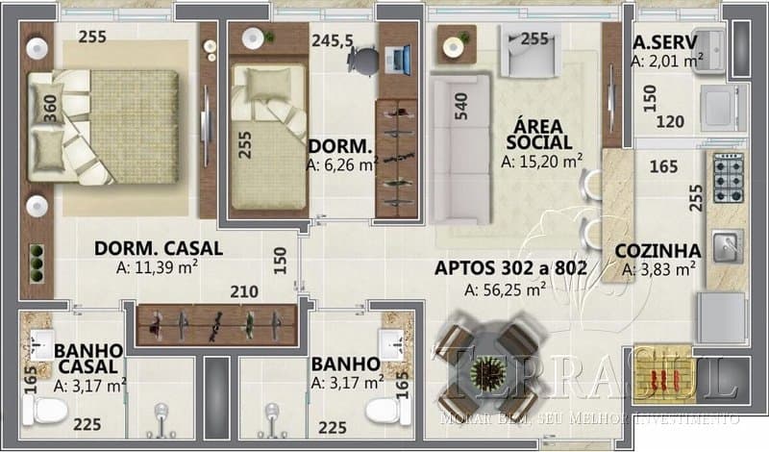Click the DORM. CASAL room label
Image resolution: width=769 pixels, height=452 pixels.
click(159, 248)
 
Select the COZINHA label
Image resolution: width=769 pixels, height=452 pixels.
click(657, 251)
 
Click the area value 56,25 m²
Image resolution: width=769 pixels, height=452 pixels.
click(505, 288)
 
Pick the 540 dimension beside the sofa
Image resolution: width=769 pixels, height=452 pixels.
click(461, 105)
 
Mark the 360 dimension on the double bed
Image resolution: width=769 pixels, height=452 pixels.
click(49, 108)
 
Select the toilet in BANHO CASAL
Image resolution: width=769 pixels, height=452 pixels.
click(42, 412)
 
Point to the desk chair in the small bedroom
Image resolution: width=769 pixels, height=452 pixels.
click(364, 60)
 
